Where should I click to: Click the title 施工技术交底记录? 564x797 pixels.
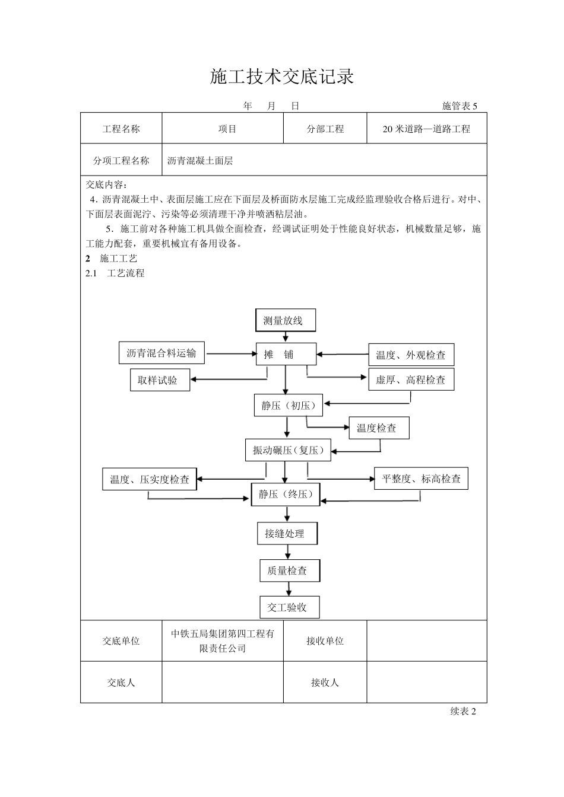pos(282,76)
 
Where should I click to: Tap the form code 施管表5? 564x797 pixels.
pos(460,106)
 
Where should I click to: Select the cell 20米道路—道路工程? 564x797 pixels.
pos(426,129)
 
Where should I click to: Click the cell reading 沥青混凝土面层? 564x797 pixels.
pos(200,161)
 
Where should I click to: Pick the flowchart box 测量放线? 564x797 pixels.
pos(285,321)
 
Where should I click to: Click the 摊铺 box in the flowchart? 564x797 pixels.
pos(286,355)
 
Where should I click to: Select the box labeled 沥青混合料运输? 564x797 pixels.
pos(161,353)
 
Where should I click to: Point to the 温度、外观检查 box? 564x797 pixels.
pos(411,355)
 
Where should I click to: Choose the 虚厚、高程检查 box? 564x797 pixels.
pos(411,380)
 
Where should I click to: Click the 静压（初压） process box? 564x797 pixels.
pos(288,406)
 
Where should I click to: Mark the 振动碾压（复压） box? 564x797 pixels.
pos(289,450)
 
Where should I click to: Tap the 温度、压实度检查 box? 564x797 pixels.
pos(150,479)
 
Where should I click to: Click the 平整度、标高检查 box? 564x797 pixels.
pos(421,479)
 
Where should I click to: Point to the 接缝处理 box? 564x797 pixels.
pos(287,534)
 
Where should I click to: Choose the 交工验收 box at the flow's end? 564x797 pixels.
pos(290,607)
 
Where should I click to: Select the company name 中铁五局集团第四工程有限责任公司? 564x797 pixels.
pos(223,641)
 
